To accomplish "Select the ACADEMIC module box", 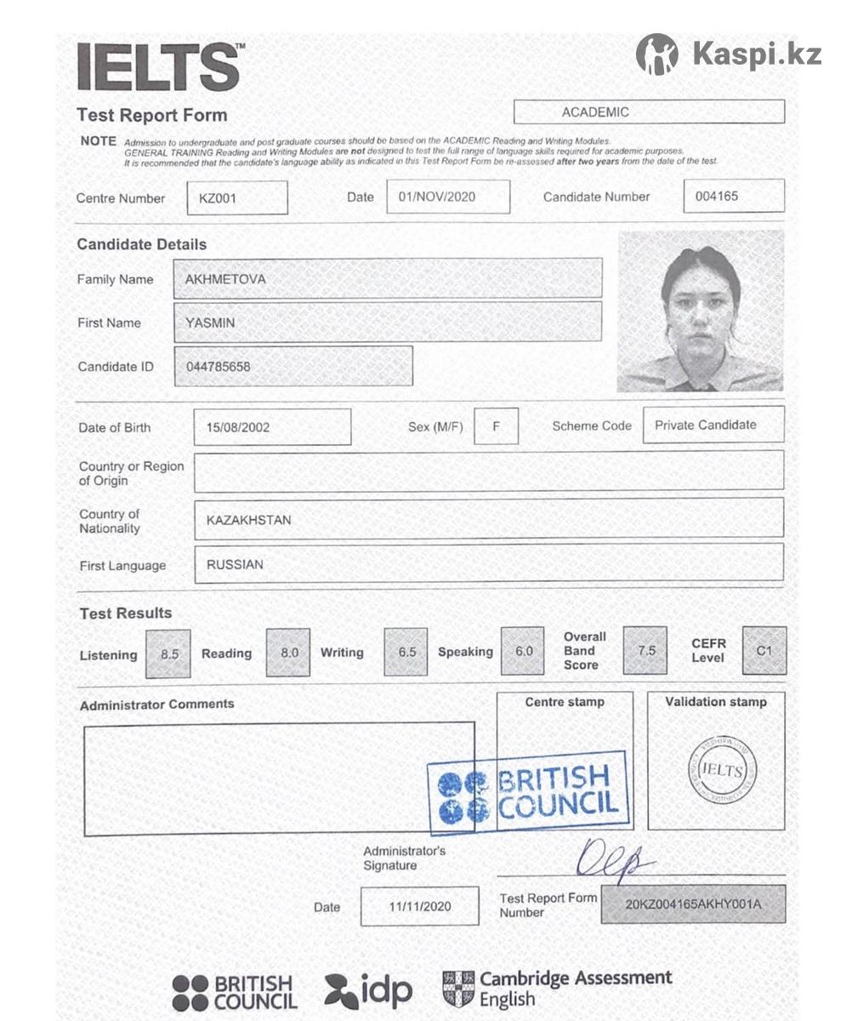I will (649, 112).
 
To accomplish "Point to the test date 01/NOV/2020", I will (436, 197).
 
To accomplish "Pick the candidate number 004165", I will (717, 196).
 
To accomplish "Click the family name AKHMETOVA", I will (225, 278).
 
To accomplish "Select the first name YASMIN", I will (210, 322).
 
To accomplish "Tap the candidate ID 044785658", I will (219, 367).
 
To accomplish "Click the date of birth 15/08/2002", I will (238, 427).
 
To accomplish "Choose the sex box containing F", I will (496, 425).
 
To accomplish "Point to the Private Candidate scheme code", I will (705, 425).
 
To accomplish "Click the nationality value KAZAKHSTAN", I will (248, 520).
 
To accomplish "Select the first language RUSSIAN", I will (235, 564).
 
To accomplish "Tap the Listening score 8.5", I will (169, 653).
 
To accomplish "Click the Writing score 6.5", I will (407, 652).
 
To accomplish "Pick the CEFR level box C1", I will (764, 651).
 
